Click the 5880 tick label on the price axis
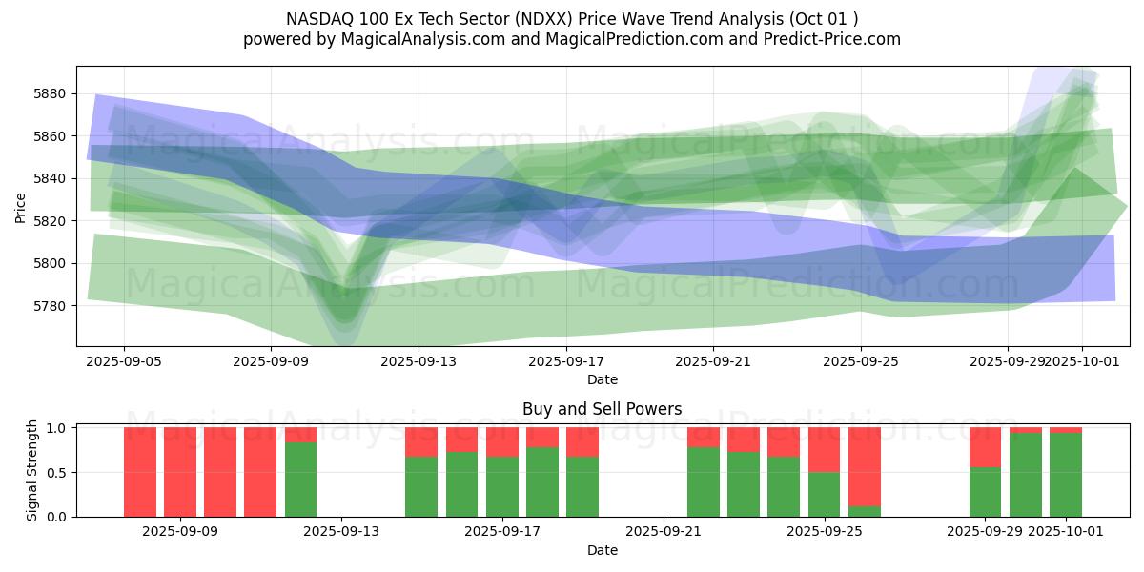pos(50,94)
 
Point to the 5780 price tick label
pos(50,306)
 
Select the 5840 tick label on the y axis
pos(50,179)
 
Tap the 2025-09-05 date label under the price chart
pos(124,362)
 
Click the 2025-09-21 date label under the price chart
pos(713,362)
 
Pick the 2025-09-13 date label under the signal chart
pos(341,532)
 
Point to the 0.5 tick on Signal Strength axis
pos(56,473)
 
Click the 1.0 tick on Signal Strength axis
pos(56,428)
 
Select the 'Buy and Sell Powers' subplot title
pos(603,409)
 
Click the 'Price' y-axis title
pos(20,208)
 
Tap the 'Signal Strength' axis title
pos(31,470)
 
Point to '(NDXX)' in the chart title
pos(543,19)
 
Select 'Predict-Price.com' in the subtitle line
pos(832,39)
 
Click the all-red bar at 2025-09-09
pos(180,473)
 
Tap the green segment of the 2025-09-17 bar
pos(542,482)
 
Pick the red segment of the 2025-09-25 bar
pos(824,450)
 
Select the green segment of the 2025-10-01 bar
pos(1066,475)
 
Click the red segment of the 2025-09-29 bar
pos(985,447)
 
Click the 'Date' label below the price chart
pos(603,380)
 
